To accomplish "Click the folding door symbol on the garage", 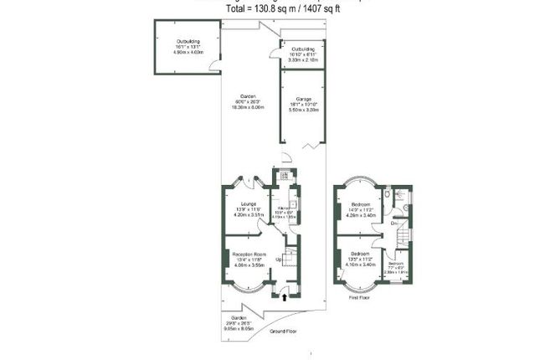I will tap(311, 147).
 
